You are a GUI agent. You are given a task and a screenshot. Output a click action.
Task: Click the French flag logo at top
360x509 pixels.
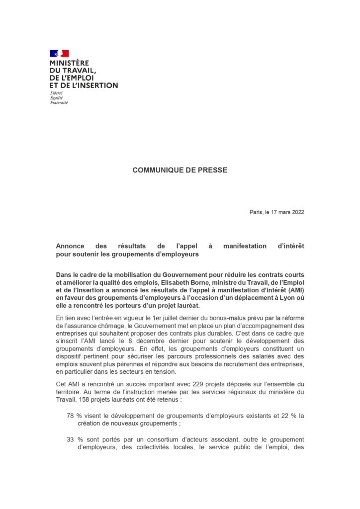59,53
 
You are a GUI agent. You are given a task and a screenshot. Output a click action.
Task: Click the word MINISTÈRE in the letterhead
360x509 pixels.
69,63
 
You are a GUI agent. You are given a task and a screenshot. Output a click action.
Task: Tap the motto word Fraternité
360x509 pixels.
59,102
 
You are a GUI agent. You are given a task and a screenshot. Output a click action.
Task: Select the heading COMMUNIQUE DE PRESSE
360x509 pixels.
180,170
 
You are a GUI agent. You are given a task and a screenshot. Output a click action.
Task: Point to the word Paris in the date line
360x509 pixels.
257,212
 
